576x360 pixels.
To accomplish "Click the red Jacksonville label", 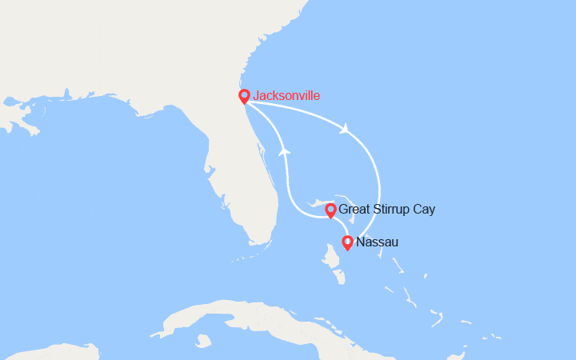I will (x=286, y=96).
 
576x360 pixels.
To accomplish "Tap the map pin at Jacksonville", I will (x=245, y=95).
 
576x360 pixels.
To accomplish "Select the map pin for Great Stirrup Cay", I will (x=330, y=210).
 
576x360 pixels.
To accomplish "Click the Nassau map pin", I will (x=347, y=242).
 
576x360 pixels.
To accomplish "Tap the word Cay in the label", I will (x=424, y=210).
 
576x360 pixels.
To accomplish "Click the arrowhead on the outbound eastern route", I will (x=345, y=129).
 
